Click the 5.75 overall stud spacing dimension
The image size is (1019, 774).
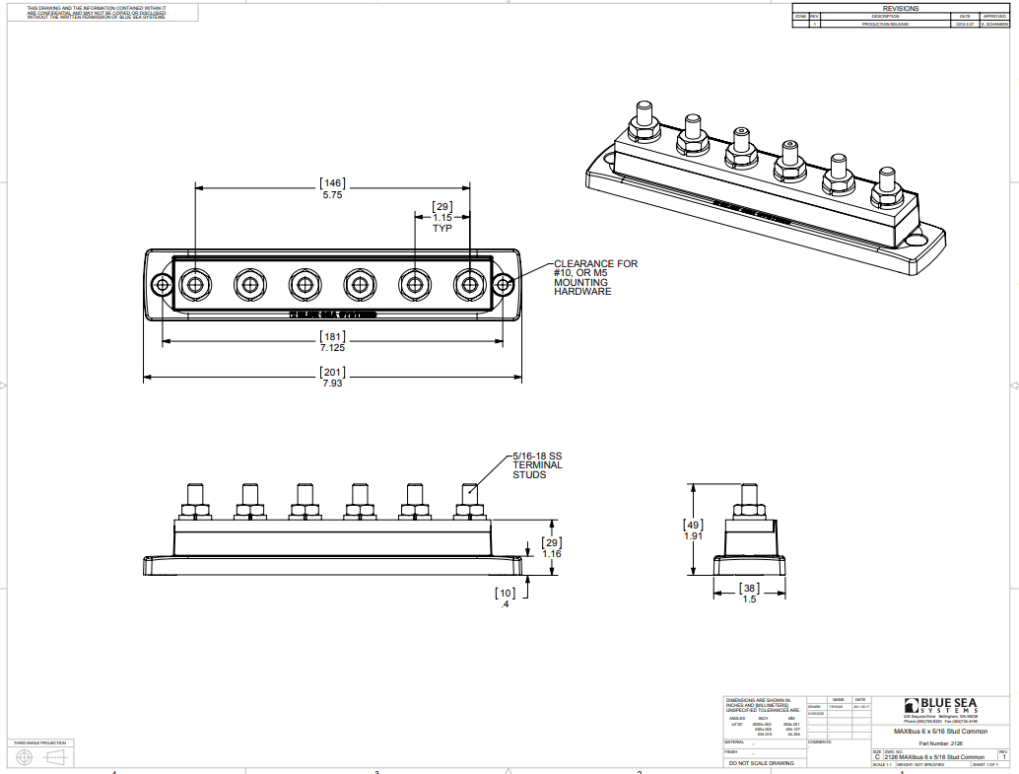pos(333,195)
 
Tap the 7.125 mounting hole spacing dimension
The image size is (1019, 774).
pos(333,347)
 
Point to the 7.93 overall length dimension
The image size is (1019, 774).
pos(333,382)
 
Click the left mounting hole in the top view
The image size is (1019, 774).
pos(162,285)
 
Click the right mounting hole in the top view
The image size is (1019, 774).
pos(503,285)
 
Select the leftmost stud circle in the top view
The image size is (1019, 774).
pos(194,285)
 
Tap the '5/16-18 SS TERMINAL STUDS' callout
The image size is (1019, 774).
pos(536,465)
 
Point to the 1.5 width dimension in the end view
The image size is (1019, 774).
pos(749,598)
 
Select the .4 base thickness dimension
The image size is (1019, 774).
pos(505,603)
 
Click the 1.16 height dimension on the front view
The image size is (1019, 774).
pos(552,554)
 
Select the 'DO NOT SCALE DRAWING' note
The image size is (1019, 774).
pos(760,763)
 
